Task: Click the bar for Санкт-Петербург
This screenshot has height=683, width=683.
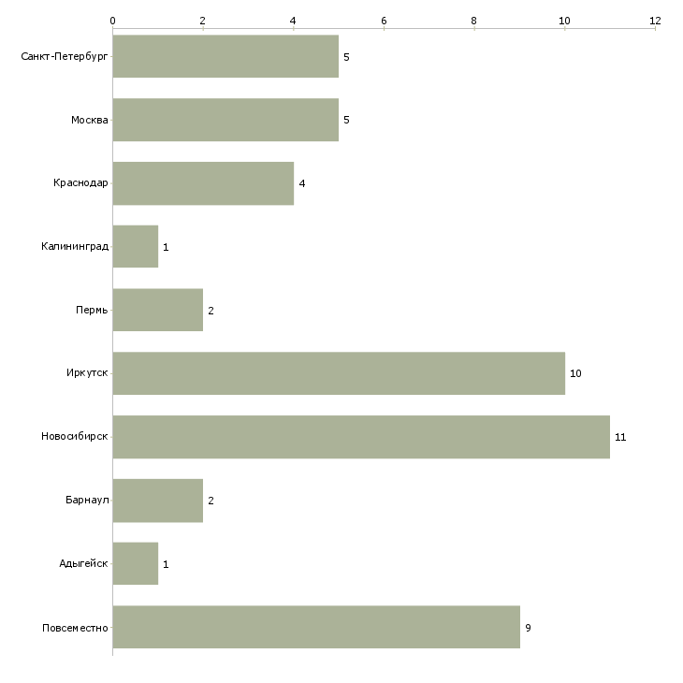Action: click(225, 56)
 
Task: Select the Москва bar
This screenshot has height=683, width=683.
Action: click(225, 120)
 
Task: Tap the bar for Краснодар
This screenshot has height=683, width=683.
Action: click(203, 183)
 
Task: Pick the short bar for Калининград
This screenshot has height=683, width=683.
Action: click(136, 247)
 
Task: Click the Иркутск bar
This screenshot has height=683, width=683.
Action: click(339, 373)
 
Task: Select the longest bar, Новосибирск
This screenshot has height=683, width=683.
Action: click(361, 437)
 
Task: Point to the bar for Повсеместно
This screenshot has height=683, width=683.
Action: click(316, 627)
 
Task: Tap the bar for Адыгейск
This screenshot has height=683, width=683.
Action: click(136, 563)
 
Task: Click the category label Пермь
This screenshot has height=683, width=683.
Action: click(92, 310)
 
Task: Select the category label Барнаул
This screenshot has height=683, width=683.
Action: click(87, 500)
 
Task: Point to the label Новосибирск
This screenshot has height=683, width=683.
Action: click(75, 436)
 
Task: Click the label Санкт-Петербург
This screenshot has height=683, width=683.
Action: click(64, 57)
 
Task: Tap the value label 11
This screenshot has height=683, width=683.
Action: click(620, 437)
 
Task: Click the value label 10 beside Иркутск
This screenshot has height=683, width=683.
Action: click(575, 373)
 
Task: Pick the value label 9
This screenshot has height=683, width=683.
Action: click(528, 628)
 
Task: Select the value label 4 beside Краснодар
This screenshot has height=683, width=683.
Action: click(302, 183)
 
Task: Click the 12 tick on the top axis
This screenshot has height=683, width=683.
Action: click(655, 21)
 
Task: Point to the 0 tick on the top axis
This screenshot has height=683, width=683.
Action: click(113, 21)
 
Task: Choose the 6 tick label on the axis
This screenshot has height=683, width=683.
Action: click(384, 21)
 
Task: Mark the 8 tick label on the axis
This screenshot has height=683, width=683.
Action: click(474, 21)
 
